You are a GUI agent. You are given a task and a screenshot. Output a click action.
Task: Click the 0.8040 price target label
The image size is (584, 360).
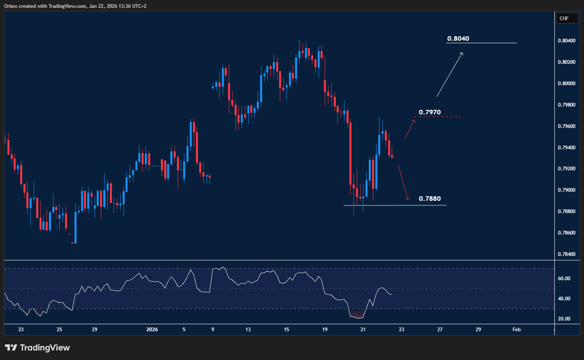point(458,39)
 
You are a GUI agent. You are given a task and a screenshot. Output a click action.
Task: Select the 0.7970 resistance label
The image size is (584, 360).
point(430,112)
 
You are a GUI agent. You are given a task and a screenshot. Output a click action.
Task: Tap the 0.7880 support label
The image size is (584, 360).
point(430,199)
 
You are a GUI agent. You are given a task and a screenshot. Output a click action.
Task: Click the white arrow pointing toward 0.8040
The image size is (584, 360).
point(450,74)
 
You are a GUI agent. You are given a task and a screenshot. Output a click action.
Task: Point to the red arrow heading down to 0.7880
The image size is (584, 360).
point(403,183)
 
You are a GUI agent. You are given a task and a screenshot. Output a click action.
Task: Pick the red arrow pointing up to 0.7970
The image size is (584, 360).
point(409,129)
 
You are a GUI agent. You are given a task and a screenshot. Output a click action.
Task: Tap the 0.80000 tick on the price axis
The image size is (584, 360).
point(567,84)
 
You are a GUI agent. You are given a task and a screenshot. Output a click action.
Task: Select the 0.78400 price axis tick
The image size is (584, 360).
point(567,254)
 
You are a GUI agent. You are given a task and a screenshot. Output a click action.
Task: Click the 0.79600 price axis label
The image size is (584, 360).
point(567,126)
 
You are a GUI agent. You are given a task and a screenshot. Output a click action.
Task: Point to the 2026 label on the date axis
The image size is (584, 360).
point(152,330)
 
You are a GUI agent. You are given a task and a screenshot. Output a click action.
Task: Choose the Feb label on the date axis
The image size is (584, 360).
point(517,330)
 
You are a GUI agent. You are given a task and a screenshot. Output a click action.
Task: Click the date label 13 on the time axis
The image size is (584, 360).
point(248,330)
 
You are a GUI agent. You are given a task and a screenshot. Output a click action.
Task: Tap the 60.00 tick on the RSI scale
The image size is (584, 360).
point(564,279)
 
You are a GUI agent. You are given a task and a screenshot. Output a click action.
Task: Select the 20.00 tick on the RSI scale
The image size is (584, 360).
point(564,319)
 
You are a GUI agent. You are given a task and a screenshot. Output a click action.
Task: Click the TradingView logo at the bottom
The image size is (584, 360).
point(37,348)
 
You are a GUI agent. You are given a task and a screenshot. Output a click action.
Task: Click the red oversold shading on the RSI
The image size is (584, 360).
point(356,316)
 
